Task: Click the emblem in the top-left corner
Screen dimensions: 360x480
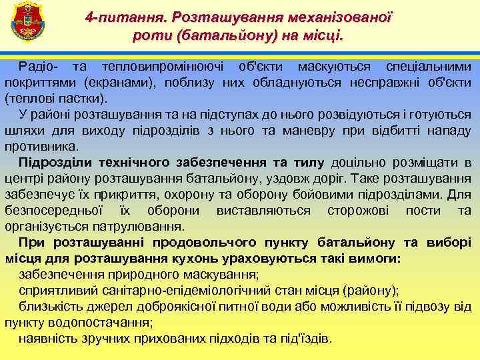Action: (x=26, y=21)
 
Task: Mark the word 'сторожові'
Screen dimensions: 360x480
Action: (x=360, y=211)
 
